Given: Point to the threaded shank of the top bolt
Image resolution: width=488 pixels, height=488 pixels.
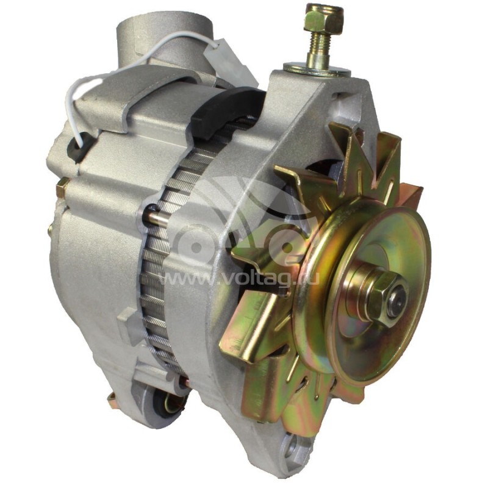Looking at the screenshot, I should [320, 45].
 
